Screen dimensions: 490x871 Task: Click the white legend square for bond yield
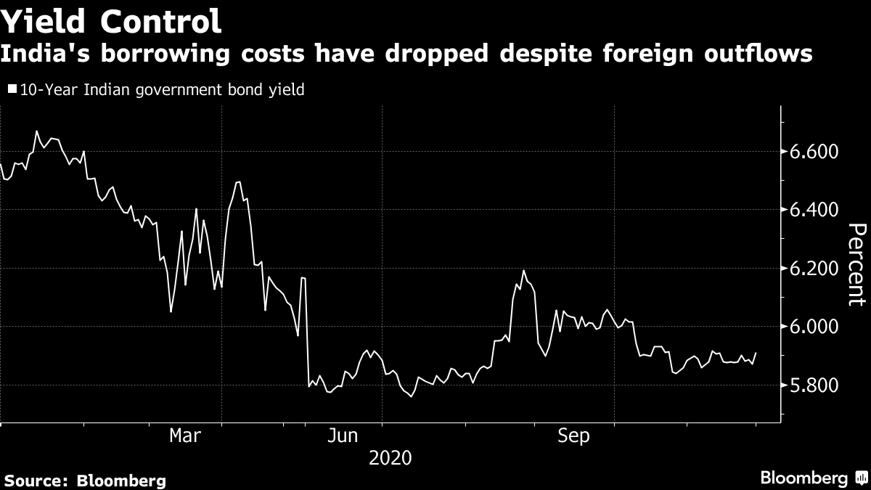click(x=12, y=90)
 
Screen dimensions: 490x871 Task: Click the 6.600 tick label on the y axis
click(x=818, y=152)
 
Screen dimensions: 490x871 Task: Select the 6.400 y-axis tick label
click(x=818, y=210)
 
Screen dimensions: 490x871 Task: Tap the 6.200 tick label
click(x=818, y=269)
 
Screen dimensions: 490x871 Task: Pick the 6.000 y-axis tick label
click(x=818, y=327)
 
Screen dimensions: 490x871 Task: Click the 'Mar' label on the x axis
click(x=185, y=436)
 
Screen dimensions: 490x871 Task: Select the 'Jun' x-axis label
click(x=342, y=436)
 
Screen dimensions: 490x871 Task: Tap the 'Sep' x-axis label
click(x=573, y=436)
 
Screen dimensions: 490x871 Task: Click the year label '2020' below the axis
click(x=390, y=458)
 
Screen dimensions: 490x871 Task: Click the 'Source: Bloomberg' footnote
click(x=85, y=480)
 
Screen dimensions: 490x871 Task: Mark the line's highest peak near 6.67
click(x=36, y=131)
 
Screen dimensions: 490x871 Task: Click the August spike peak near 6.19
click(x=523, y=271)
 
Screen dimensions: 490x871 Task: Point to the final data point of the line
click(x=756, y=353)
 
